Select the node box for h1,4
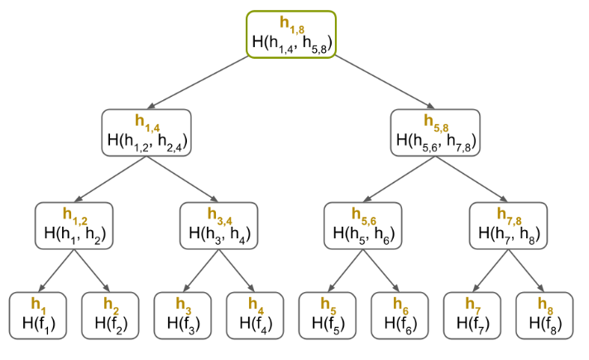click(x=146, y=132)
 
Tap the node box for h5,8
click(x=435, y=132)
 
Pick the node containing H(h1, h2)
click(x=74, y=225)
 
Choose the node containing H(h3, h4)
click(x=218, y=225)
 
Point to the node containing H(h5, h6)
click(x=363, y=225)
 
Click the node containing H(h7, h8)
click(x=508, y=225)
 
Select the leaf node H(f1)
click(x=38, y=315)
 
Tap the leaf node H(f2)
click(x=109, y=315)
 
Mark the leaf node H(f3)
click(x=182, y=315)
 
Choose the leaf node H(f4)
click(x=254, y=315)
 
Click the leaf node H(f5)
click(x=327, y=315)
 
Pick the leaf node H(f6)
click(x=399, y=315)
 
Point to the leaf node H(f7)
click(x=472, y=315)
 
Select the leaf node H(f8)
click(x=544, y=315)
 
